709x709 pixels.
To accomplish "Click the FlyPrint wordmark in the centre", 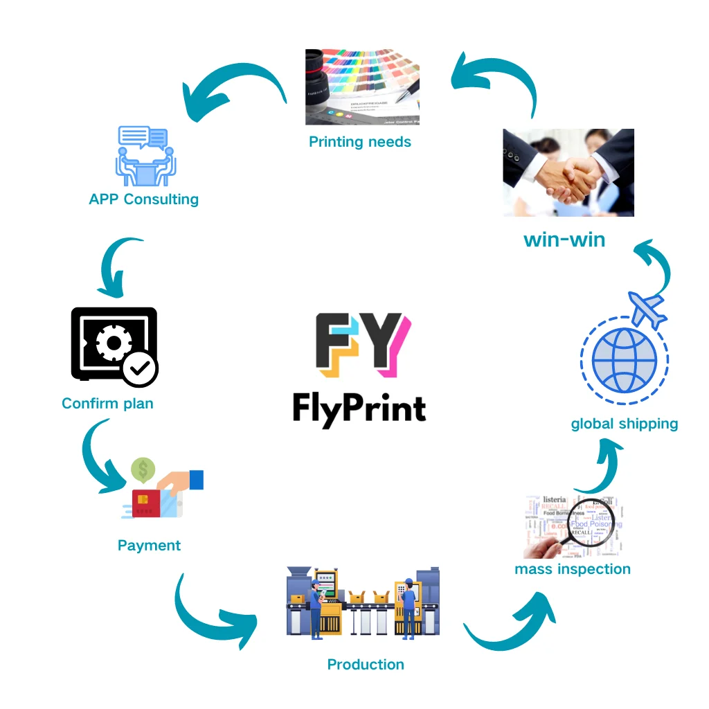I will pyautogui.click(x=359, y=408).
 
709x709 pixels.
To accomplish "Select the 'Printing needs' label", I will pyautogui.click(x=360, y=142).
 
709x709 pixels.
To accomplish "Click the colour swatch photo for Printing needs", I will pyautogui.click(x=363, y=87).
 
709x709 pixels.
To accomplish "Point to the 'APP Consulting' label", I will pyautogui.click(x=144, y=199).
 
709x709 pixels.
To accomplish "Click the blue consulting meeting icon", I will pyautogui.click(x=145, y=156).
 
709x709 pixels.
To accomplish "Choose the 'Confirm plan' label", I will pyautogui.click(x=107, y=404).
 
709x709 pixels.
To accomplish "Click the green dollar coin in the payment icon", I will pyautogui.click(x=143, y=471).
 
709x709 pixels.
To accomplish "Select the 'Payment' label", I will pyautogui.click(x=149, y=546).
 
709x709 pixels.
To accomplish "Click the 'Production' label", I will pyautogui.click(x=366, y=665).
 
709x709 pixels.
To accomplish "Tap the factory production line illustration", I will pyautogui.click(x=363, y=602).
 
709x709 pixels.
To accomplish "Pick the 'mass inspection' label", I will pyautogui.click(x=573, y=569).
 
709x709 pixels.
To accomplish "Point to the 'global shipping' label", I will pyautogui.click(x=625, y=424).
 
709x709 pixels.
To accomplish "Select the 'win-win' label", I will pyautogui.click(x=564, y=240).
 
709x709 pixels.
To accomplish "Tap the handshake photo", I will pyautogui.click(x=568, y=172).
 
